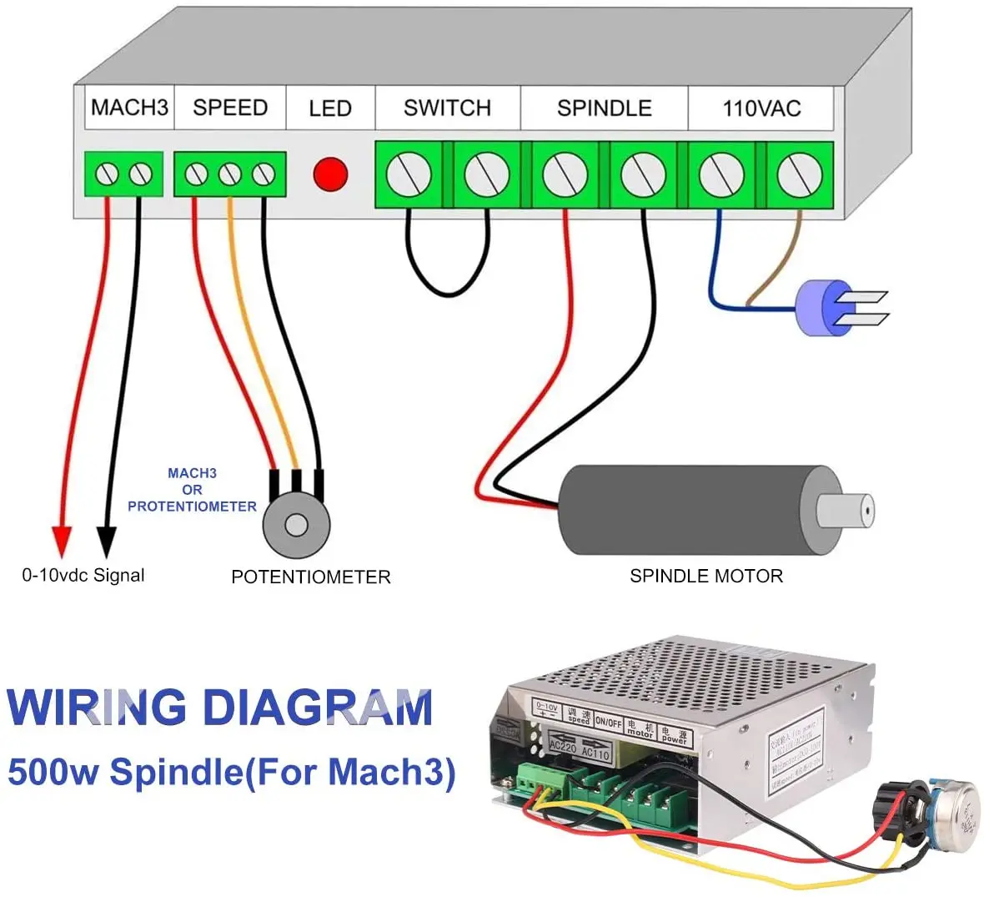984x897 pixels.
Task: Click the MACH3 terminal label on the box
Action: click(x=129, y=108)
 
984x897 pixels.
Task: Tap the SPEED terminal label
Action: click(x=230, y=108)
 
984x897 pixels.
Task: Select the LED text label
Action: click(x=330, y=108)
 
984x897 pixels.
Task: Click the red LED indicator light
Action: click(x=330, y=174)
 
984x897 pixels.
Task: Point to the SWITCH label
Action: click(x=447, y=108)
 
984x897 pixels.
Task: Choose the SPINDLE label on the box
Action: click(x=605, y=108)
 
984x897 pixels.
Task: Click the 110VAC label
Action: click(x=761, y=108)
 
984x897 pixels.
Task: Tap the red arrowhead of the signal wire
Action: click(x=61, y=541)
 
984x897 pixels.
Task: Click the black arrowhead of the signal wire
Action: click(x=106, y=541)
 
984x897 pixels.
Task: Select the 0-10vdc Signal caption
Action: click(x=83, y=575)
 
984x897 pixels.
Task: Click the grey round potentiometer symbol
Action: click(x=296, y=524)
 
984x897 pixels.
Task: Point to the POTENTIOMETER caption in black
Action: click(x=310, y=577)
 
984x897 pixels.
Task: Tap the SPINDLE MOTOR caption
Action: click(x=706, y=576)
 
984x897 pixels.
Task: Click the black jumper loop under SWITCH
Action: click(x=448, y=288)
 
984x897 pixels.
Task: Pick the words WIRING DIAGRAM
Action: click(x=220, y=708)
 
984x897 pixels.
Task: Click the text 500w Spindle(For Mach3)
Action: click(x=232, y=771)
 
